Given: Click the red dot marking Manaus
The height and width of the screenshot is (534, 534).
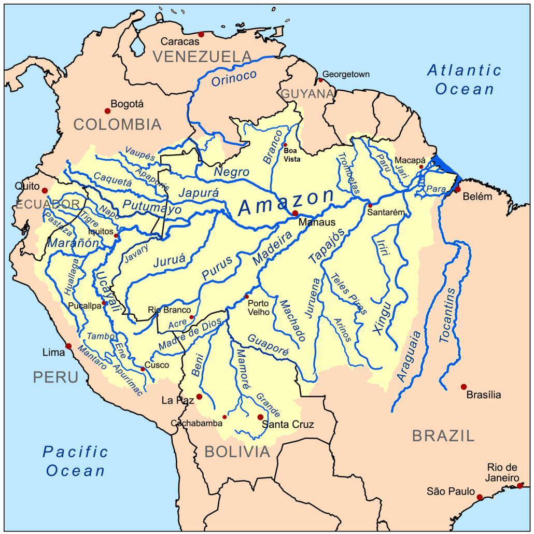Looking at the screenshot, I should pos(295,213).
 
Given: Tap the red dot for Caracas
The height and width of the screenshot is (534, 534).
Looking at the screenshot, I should pos(201,34).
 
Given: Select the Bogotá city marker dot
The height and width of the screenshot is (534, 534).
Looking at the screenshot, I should pos(107,110).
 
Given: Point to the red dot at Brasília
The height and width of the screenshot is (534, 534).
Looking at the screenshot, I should pos(463,387).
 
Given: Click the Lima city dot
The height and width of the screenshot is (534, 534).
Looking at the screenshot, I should pos(68,346).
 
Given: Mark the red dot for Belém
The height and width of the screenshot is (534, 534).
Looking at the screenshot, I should pos(457,190).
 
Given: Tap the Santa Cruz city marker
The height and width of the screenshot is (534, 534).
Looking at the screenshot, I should pos(260,417).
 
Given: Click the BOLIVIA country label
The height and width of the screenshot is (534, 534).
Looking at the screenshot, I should pos(237,452).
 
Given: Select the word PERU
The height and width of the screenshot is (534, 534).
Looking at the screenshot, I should pos(55,377).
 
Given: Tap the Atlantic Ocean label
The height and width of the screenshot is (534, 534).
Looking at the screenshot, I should pos(465,79).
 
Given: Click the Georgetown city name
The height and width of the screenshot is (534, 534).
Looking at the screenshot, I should pos(346,74).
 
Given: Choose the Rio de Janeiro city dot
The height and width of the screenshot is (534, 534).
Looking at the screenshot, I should pos(520,486).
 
